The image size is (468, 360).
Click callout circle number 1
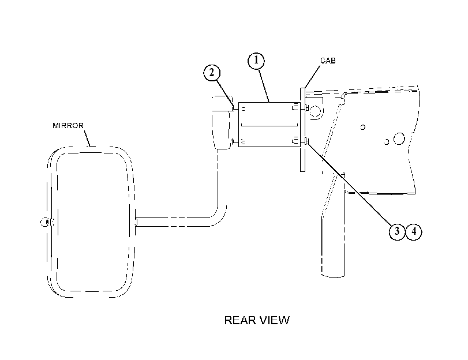point(256,61)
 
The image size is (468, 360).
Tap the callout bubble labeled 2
point(212,73)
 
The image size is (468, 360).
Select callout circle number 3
point(397,231)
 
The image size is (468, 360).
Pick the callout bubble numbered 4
point(414,231)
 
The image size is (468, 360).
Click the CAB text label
point(328,61)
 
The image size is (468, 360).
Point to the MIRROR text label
point(68,126)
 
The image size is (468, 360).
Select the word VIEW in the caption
point(275,320)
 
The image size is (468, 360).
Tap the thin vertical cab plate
point(302,130)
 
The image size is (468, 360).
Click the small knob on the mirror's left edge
point(45,222)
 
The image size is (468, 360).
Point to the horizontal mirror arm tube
point(173,222)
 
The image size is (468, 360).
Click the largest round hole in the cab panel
point(399,139)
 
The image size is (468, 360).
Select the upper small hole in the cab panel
point(362,127)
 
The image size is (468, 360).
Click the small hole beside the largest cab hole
point(386,142)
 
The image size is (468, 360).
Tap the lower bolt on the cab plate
point(306,141)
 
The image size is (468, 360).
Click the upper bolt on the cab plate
point(306,108)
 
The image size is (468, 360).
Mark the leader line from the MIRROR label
point(87,138)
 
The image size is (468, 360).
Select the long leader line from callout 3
point(350,184)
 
